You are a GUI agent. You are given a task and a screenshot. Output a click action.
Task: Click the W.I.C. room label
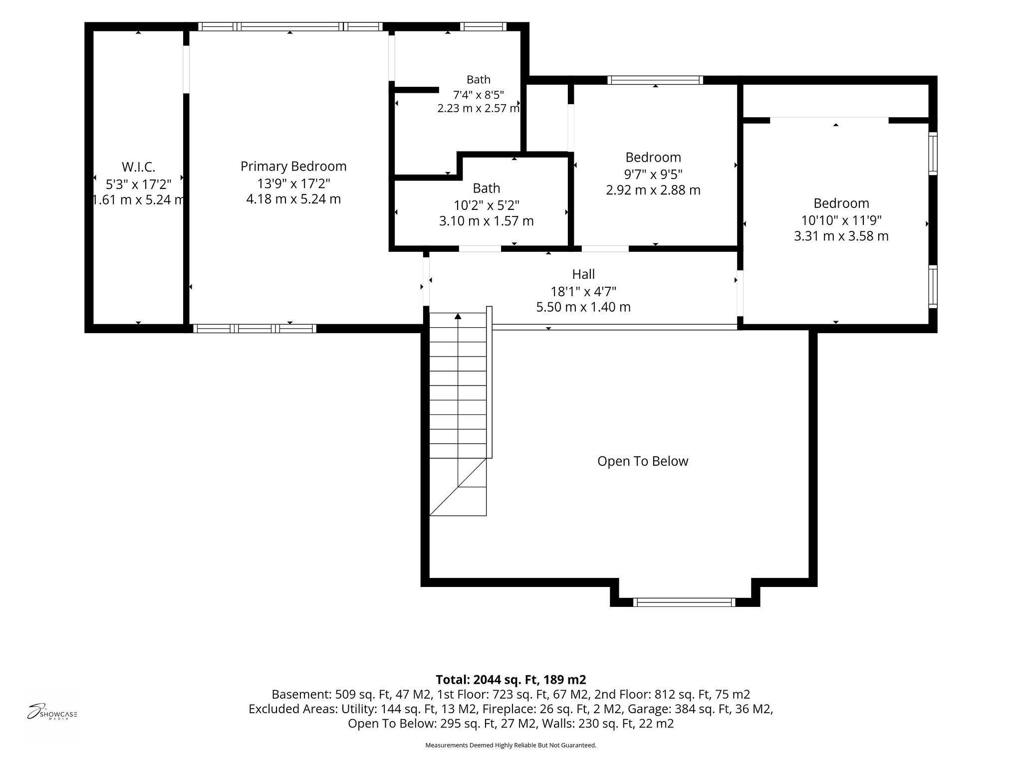click(x=138, y=167)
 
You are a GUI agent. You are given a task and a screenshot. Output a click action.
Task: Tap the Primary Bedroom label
click(x=293, y=166)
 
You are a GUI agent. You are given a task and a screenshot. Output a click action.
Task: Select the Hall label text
click(x=583, y=274)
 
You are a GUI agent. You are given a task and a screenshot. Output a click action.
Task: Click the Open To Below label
click(x=643, y=461)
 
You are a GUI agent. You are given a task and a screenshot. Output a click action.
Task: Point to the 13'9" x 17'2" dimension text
click(x=293, y=184)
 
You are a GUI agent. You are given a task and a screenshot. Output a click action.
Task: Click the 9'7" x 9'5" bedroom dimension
click(x=653, y=174)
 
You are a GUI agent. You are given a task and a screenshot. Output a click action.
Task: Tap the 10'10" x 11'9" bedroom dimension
click(x=841, y=220)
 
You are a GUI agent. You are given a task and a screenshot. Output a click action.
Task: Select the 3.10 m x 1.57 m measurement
click(x=487, y=221)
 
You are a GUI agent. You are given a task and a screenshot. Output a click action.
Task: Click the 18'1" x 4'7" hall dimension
click(x=583, y=291)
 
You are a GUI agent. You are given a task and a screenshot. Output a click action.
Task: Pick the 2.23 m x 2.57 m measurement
click(x=479, y=108)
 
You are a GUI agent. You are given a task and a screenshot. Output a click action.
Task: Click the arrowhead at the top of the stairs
click(x=458, y=316)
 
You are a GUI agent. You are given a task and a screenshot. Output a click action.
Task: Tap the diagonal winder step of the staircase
click(x=458, y=487)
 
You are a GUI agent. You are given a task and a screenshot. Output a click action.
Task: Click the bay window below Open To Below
click(x=684, y=602)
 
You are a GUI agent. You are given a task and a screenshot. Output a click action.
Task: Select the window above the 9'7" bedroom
click(x=655, y=80)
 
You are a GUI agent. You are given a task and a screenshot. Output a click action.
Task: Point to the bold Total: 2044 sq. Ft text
click(x=511, y=680)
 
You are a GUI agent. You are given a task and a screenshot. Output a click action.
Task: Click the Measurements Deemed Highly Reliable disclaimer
click(x=511, y=746)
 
